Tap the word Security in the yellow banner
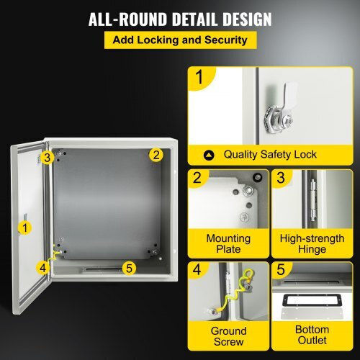coord(225,40)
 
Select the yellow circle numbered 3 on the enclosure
coord(48,158)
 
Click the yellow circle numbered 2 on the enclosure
coord(156,155)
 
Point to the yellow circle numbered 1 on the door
coord(25,228)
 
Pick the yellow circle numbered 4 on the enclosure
coord(42,268)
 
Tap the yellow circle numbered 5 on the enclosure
coord(129,268)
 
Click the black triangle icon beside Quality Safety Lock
coord(209,155)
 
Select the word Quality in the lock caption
coord(240,155)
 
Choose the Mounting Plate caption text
coord(228,243)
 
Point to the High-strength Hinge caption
coord(312,243)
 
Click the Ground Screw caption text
coord(228,336)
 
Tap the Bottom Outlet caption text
coord(312,335)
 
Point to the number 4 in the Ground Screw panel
coord(197,269)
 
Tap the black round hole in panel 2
coord(257,178)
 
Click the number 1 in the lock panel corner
coord(199,77)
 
